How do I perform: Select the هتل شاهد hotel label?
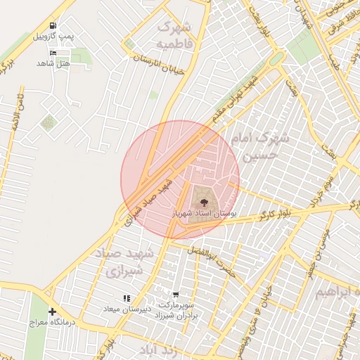coord(53,63)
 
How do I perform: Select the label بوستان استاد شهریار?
coord(204,211)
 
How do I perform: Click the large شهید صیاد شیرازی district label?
coord(119,262)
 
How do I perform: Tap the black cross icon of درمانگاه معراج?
coord(52,311)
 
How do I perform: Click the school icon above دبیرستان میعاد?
coord(127,299)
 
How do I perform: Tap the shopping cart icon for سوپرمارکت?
coord(175,295)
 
